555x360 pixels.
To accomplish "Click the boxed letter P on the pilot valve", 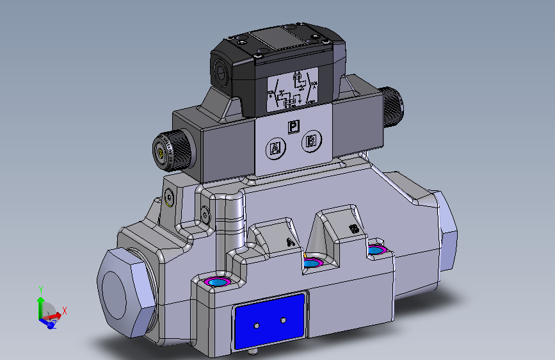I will click(293, 127).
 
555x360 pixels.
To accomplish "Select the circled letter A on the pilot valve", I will click(275, 149).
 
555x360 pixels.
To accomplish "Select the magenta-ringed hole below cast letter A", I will click(312, 263).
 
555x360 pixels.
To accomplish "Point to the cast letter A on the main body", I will click(290, 241).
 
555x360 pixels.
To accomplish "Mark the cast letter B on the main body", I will click(352, 229).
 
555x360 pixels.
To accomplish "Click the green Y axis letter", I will click(41, 290).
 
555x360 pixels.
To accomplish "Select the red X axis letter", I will click(65, 311).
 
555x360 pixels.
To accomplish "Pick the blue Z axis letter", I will click(54, 325).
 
